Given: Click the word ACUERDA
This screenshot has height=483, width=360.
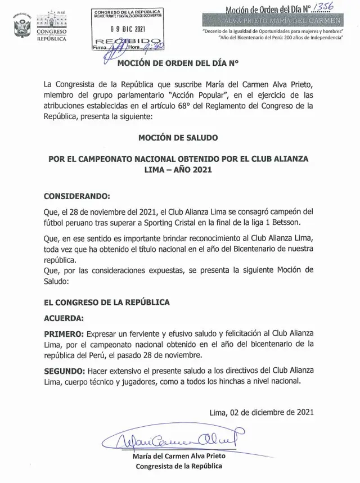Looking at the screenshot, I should click(65, 317).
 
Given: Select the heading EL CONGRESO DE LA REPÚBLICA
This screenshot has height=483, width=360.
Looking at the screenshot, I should click(107, 302).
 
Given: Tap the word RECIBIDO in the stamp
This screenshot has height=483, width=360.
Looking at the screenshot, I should click(120, 42).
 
